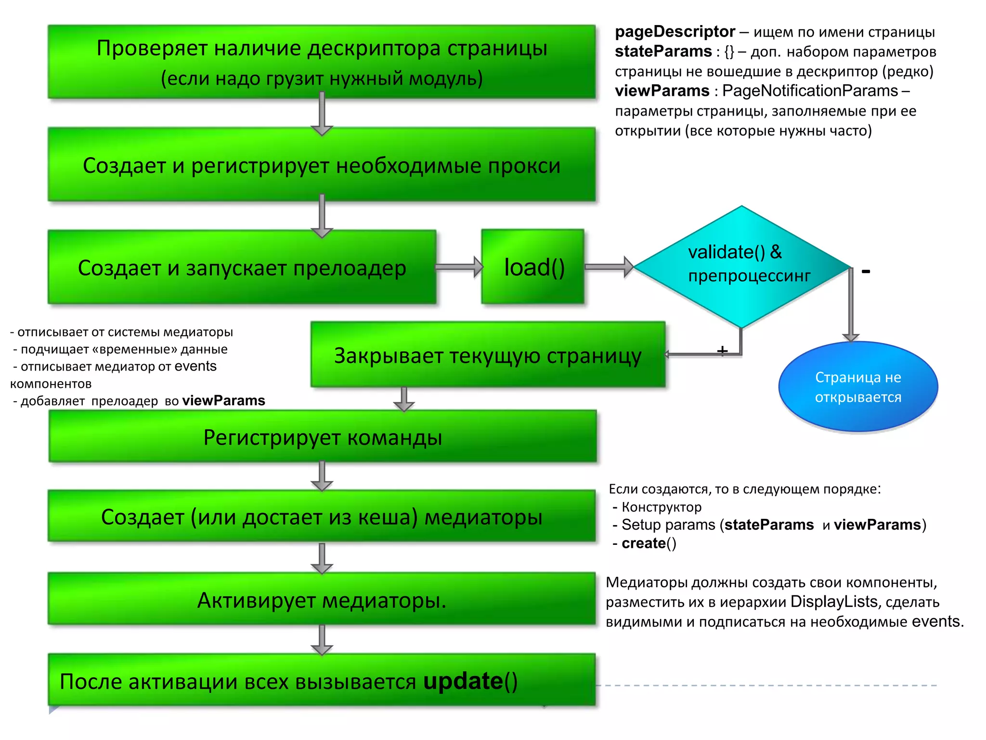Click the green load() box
pyautogui.click(x=533, y=267)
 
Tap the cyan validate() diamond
pyautogui.click(x=741, y=266)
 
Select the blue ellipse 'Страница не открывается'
pyautogui.click(x=858, y=387)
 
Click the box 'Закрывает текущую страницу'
pyautogui.click(x=488, y=355)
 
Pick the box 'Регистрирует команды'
pyautogui.click(x=323, y=437)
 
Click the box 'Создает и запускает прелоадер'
pyautogui.click(x=242, y=267)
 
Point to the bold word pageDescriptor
pyautogui.click(x=675, y=32)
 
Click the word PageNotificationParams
pyautogui.click(x=810, y=91)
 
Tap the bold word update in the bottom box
pyautogui.click(x=463, y=681)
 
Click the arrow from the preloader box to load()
pyautogui.click(x=459, y=267)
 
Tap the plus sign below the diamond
pyautogui.click(x=722, y=350)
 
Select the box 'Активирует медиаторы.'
pyautogui.click(x=322, y=599)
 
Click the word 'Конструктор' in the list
pyautogui.click(x=662, y=507)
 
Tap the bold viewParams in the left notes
pyautogui.click(x=223, y=400)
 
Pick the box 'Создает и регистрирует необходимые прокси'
pyautogui.click(x=322, y=165)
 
